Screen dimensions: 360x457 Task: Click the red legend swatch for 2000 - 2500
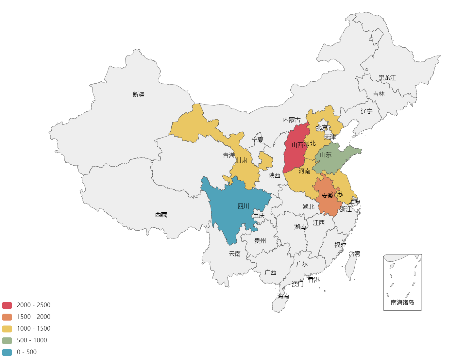7,305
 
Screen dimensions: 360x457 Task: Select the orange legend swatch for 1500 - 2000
7,317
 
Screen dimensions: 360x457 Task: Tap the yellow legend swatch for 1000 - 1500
7,329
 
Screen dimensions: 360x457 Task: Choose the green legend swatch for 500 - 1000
7,340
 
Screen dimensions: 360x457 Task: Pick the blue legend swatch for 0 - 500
7,352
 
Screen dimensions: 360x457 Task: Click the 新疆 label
138,94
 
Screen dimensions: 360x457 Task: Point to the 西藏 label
161,215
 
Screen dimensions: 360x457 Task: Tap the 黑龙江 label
387,78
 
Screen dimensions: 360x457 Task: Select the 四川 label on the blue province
243,206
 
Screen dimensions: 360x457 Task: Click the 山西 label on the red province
297,145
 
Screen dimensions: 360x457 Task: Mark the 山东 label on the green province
326,155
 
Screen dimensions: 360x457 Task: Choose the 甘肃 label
242,160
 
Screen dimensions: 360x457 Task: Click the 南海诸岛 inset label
402,303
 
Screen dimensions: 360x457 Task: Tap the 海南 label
283,296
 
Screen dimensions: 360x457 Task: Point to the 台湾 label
354,254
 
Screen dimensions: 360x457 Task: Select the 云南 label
234,254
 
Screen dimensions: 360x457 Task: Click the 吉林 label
379,94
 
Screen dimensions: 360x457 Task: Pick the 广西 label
270,272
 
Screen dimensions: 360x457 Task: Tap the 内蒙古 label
292,120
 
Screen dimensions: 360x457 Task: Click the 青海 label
229,155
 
